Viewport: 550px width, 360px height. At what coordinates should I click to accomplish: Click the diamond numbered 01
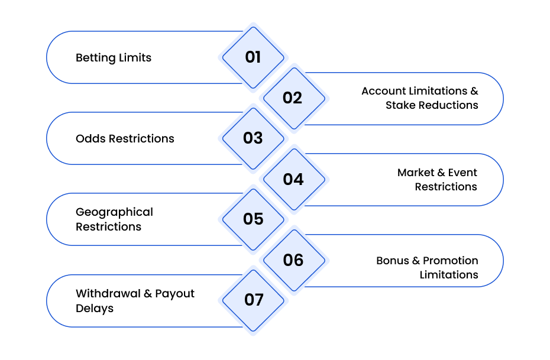(x=253, y=57)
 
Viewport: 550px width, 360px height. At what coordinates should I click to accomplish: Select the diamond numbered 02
(x=295, y=98)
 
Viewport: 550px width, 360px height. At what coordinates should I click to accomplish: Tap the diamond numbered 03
(x=253, y=138)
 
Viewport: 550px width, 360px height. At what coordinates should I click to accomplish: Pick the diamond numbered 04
(x=295, y=180)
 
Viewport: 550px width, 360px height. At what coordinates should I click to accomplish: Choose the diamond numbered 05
(x=253, y=219)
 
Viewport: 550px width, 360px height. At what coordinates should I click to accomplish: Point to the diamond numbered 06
(x=295, y=261)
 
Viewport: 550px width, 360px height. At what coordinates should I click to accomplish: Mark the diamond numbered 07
(x=253, y=300)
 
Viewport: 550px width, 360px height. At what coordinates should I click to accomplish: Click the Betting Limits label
(x=114, y=58)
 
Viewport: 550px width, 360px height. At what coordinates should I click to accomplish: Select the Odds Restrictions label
(x=125, y=138)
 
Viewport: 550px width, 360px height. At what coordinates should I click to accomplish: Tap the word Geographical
(x=114, y=212)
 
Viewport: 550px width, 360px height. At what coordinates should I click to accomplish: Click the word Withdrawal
(x=108, y=293)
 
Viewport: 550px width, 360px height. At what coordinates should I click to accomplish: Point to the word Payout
(x=174, y=294)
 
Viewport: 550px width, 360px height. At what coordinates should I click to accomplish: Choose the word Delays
(x=95, y=309)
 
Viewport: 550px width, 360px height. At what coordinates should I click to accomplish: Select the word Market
(x=416, y=173)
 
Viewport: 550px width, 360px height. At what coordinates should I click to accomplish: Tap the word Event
(x=462, y=173)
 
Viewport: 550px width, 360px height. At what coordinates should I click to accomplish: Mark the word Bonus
(x=393, y=261)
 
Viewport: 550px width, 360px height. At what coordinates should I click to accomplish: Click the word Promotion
(x=451, y=261)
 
